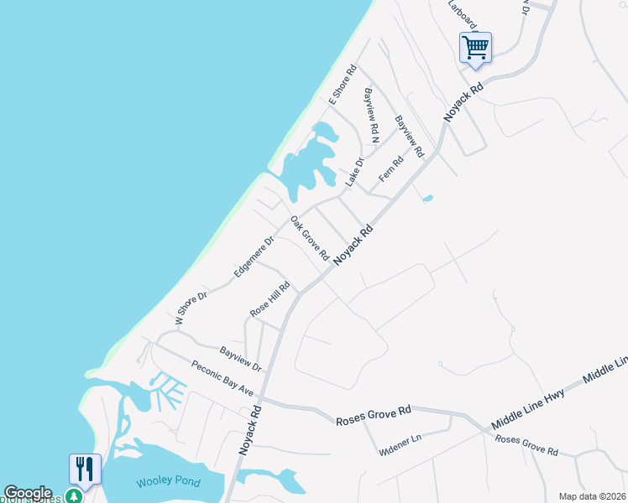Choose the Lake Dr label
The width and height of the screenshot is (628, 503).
pyautogui.click(x=355, y=172)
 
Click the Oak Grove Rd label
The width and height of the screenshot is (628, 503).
pyautogui.click(x=308, y=238)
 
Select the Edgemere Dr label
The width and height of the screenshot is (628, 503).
pyautogui.click(x=254, y=256)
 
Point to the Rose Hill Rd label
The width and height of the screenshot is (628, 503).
pyautogui.click(x=270, y=299)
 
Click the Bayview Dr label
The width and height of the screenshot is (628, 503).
pyautogui.click(x=241, y=359)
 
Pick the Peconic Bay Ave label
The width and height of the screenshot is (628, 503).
pyautogui.click(x=222, y=379)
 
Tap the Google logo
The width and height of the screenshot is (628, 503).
pyautogui.click(x=28, y=493)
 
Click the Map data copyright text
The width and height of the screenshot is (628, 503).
pyautogui.click(x=592, y=496)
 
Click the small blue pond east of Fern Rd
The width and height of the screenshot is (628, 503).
pyautogui.click(x=428, y=199)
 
